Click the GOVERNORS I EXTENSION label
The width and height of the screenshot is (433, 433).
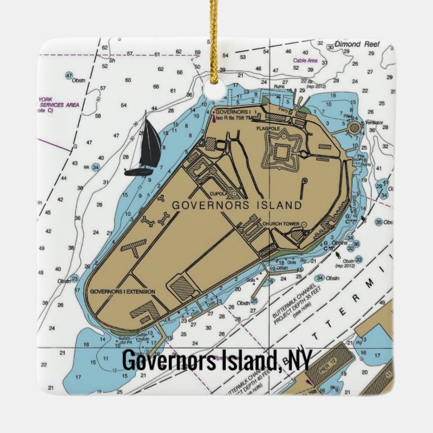point(122,291)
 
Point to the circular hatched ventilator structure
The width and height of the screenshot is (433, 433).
point(354,127)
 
